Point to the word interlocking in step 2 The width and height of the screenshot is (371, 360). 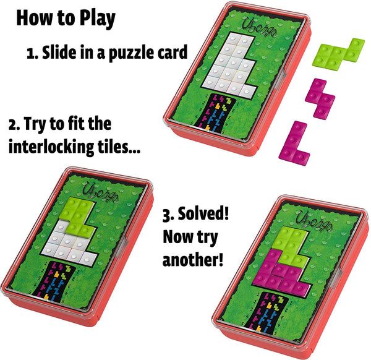coord(51,147)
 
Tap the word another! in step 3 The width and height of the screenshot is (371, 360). coord(193,259)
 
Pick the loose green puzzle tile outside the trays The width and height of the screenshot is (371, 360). coord(338,53)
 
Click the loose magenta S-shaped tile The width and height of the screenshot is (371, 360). coord(320,99)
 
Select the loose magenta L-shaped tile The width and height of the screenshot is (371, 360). coord(294,144)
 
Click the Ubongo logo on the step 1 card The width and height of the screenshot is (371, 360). coord(259,28)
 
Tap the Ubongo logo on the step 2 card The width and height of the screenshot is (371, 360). coord(101,191)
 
